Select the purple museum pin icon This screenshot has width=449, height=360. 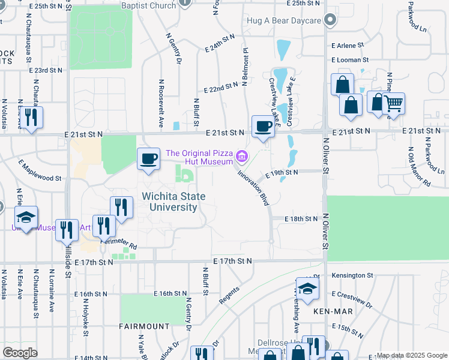coord(242,157)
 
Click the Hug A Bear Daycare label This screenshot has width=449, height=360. coord(284,20)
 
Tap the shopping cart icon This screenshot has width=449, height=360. coord(394,104)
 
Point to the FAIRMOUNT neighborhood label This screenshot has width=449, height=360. coord(144,326)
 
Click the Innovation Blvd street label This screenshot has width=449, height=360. coord(253,187)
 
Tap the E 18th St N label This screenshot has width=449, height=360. coord(301,220)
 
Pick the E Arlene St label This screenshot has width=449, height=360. coord(348,45)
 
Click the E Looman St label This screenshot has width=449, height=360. coord(349,60)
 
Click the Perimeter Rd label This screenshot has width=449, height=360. coord(119,243)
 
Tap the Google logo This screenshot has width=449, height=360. coord(20,353)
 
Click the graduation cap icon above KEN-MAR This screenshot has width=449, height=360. coord(307,289)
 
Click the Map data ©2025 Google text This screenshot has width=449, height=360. coord(411,355)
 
